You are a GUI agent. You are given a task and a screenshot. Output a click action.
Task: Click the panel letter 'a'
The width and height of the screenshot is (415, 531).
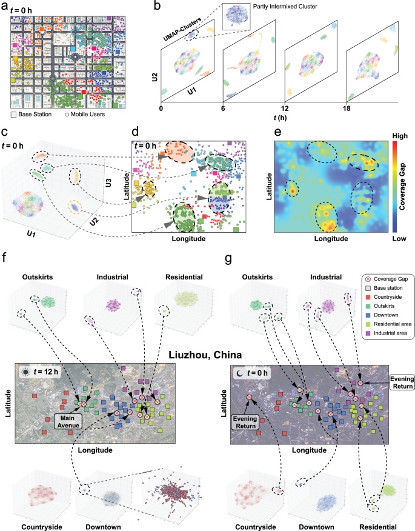click(5, 8)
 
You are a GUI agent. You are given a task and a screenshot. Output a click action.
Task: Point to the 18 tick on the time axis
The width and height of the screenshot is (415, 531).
click(347, 109)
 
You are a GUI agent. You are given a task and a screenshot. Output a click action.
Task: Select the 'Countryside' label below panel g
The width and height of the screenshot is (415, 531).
click(255, 526)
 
